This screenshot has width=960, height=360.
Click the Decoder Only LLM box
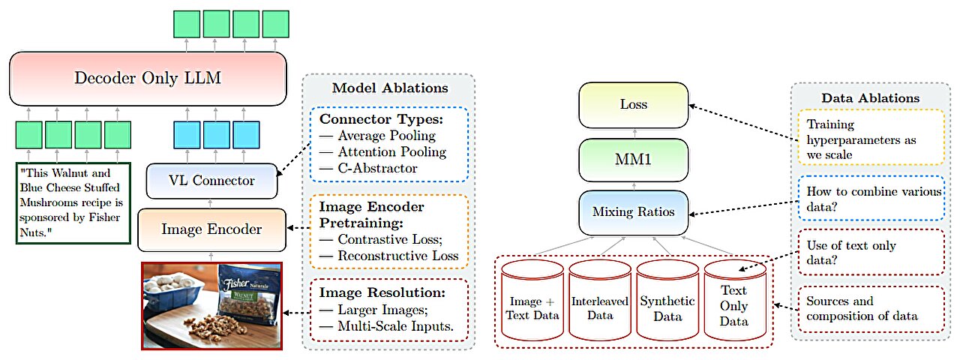tap(148, 78)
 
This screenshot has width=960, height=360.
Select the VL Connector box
tap(211, 181)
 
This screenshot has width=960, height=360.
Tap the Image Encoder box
tap(211, 229)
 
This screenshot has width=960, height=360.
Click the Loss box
tap(633, 106)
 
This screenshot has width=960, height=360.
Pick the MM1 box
tap(633, 160)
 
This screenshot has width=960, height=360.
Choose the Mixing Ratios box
tap(633, 212)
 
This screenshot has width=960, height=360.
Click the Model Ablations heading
tap(390, 88)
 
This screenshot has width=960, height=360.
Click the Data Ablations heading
tap(870, 97)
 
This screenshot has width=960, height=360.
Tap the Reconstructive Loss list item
tap(397, 256)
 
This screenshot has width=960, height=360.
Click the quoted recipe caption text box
tap(73, 202)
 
